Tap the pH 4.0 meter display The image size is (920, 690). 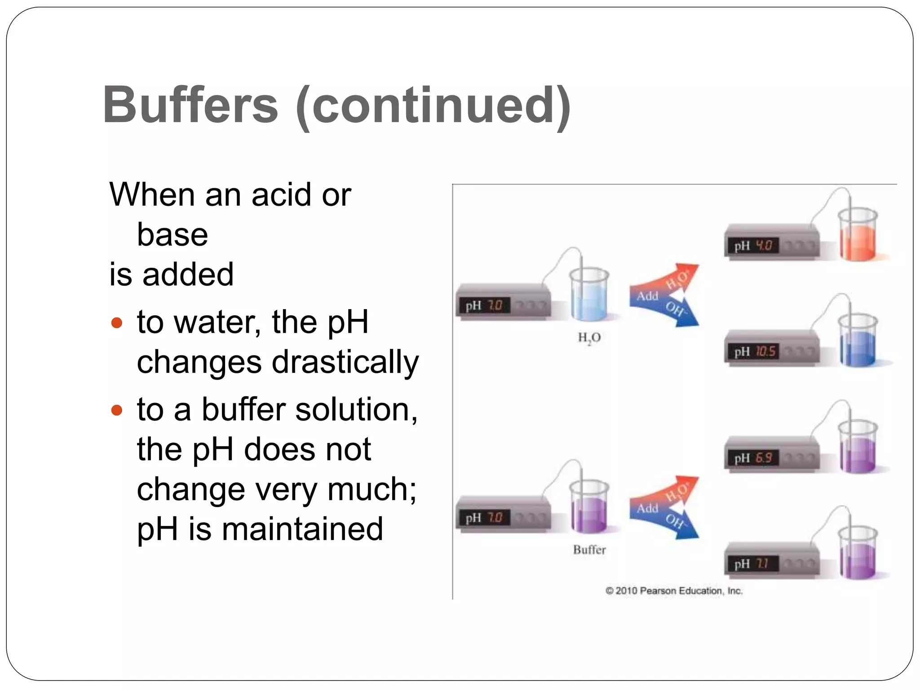753,246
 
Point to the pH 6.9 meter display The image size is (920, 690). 753,458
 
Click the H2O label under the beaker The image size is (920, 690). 589,337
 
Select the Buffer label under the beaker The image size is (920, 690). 589,549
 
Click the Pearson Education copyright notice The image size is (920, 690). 674,591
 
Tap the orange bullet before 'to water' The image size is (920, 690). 117,323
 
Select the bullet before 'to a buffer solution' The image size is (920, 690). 117,410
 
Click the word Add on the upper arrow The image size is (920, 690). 647,296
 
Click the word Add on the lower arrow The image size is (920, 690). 647,509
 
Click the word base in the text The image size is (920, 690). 172,234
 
